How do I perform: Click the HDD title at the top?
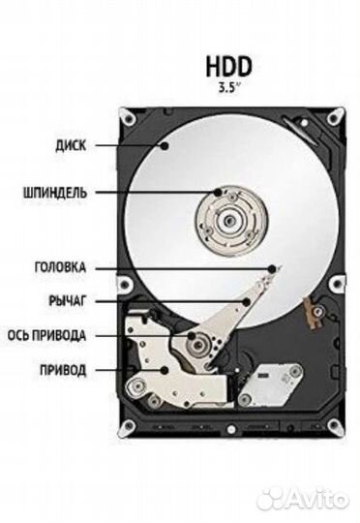pos(228,65)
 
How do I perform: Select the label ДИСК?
pos(71,146)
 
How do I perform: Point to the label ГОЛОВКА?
pos(61,267)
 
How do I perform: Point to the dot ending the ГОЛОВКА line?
pos(274,266)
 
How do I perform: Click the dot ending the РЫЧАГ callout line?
pos(248,301)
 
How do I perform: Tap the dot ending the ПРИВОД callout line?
pos(166,370)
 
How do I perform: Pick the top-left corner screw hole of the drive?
pos(129,118)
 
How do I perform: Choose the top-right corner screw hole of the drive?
pos(332,118)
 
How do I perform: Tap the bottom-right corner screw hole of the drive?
pos(332,423)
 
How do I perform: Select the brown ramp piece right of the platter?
pos(313,312)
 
